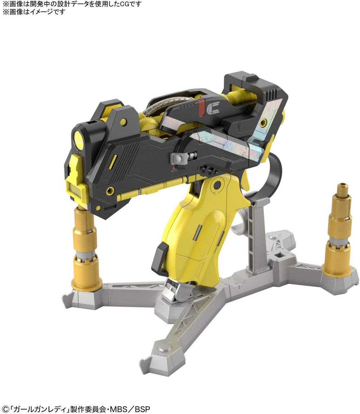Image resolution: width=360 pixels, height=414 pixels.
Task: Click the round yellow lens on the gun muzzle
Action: [79, 140]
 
